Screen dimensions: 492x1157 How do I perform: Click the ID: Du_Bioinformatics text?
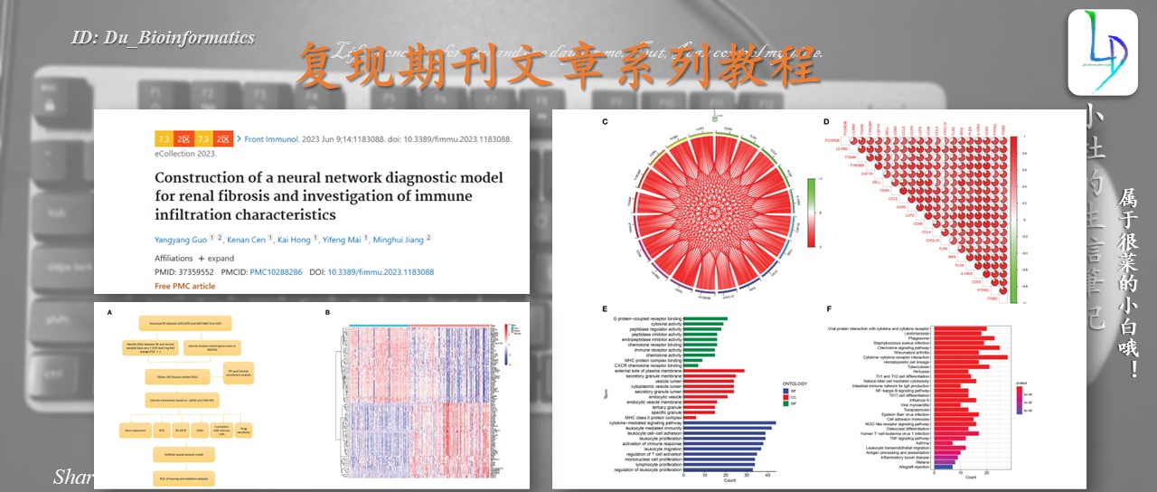point(163,38)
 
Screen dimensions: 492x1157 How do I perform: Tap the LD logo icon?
point(1102,52)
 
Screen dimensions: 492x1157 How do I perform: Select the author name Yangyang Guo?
point(180,239)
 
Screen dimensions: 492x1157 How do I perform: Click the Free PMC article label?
point(184,286)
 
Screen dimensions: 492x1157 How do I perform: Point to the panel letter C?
point(604,122)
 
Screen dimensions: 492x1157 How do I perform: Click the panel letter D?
point(825,122)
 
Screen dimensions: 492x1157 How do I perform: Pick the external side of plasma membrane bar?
point(714,371)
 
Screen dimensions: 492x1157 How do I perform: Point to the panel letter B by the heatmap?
point(328,313)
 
